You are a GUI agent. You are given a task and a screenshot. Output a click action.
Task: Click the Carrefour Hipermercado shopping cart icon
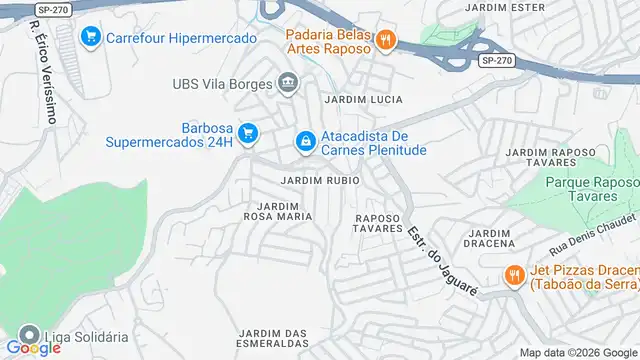click(91, 38)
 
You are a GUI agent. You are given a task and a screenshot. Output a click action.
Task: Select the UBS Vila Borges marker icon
click(288, 81)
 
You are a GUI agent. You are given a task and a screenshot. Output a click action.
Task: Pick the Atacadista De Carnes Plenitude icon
click(304, 143)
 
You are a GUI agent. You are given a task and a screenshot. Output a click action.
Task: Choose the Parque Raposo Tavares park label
click(592, 190)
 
